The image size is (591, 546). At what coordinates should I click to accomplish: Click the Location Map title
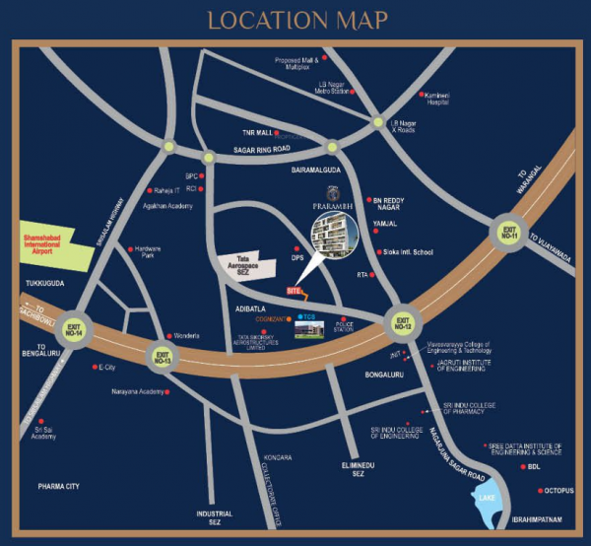(296, 19)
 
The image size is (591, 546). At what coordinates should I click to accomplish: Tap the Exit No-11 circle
(508, 234)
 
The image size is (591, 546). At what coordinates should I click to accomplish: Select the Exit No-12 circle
(402, 319)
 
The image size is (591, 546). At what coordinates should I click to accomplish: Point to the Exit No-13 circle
(162, 355)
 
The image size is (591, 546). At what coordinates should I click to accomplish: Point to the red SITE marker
(293, 291)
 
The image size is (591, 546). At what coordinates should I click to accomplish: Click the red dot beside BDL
(521, 466)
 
